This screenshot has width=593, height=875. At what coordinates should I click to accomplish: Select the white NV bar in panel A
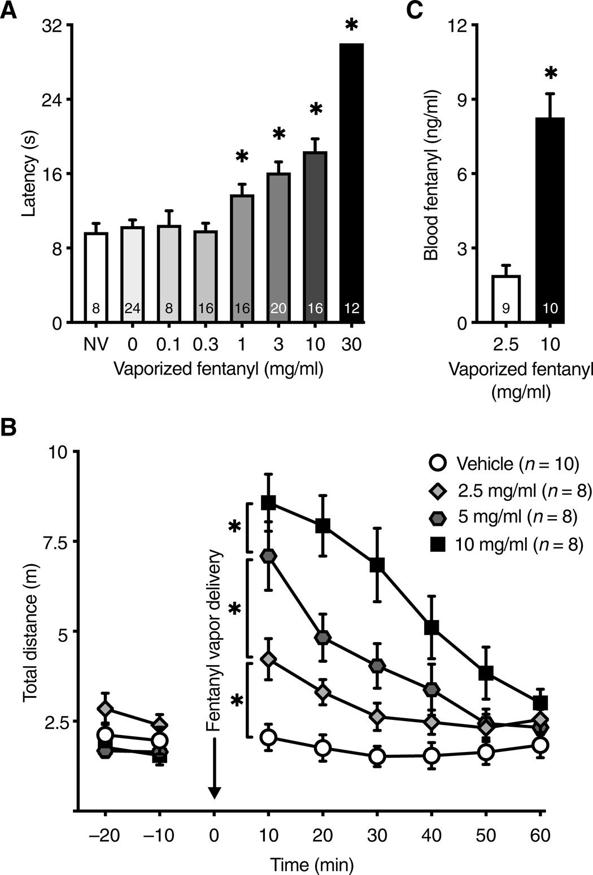click(x=96, y=276)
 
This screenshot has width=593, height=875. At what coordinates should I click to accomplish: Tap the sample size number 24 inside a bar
click(x=133, y=309)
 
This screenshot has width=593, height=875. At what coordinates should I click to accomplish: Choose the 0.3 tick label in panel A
click(x=206, y=344)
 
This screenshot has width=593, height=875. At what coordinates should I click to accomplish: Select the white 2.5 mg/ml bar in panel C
click(x=506, y=299)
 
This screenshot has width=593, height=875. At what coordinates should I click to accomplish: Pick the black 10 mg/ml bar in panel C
click(x=550, y=220)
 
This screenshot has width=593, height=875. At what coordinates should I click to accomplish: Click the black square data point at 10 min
click(x=268, y=502)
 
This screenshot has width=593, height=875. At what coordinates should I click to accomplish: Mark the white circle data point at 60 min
click(x=540, y=745)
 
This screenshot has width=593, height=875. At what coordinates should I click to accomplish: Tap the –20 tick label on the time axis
click(x=105, y=836)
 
